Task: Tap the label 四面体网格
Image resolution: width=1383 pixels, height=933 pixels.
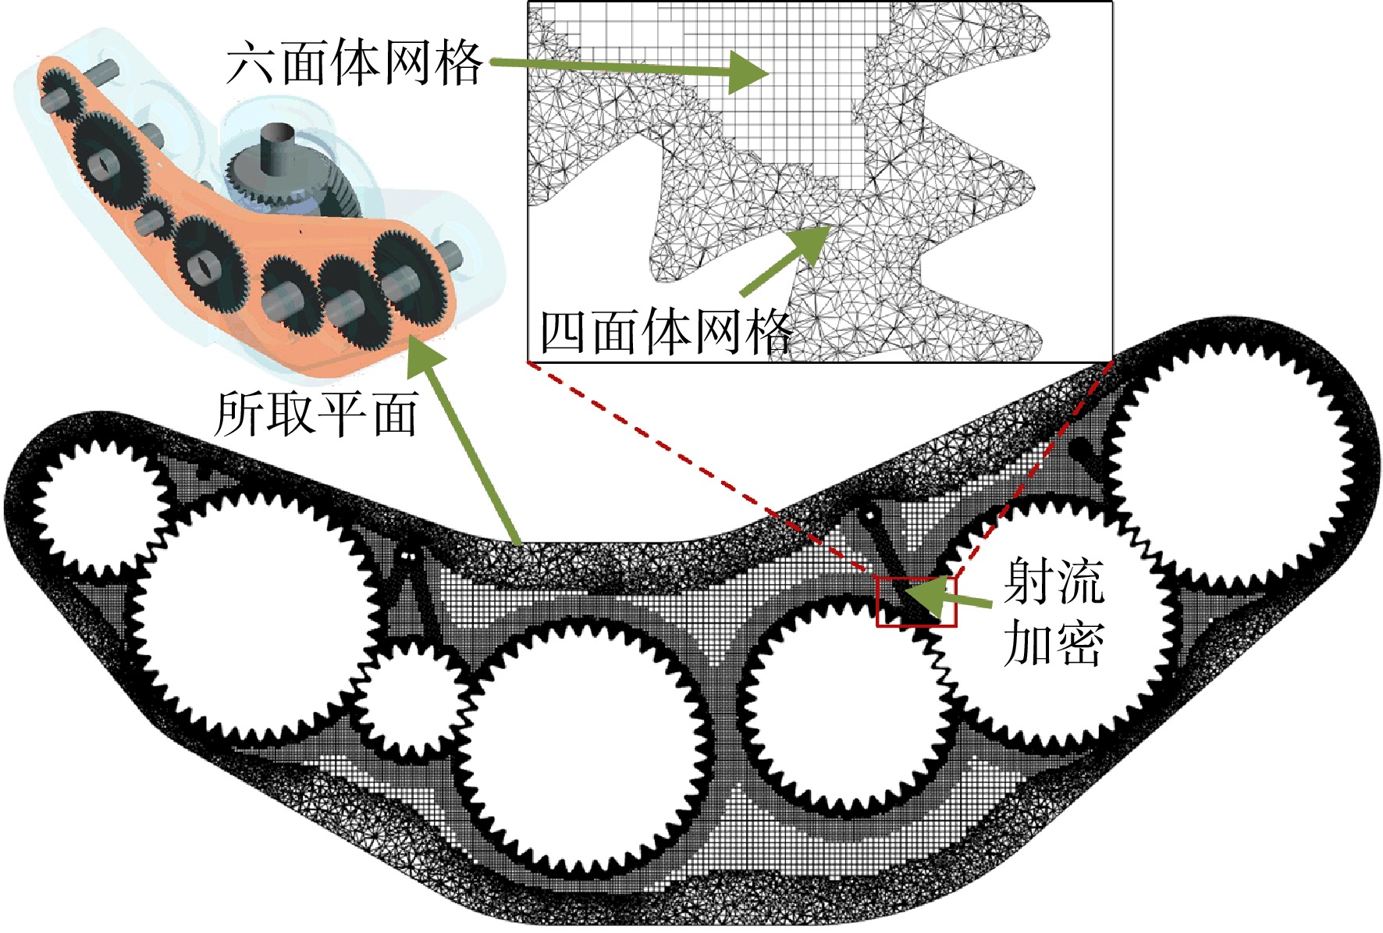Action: point(666,331)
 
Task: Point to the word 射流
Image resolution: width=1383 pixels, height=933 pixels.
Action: point(1053,581)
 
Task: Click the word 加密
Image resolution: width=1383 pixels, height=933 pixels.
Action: point(1053,643)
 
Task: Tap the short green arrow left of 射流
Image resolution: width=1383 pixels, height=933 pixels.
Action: point(947,596)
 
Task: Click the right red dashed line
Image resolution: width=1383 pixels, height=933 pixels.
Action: point(1033,469)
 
